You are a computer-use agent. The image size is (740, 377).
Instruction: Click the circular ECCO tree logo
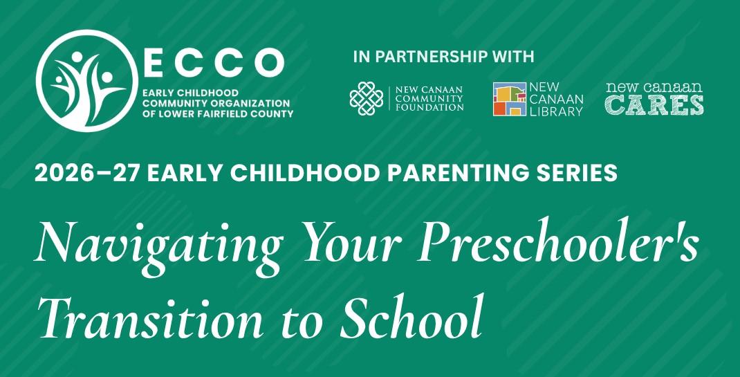click(87, 81)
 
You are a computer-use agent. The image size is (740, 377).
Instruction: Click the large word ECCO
click(214, 62)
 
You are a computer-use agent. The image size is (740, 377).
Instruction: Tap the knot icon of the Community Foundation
click(367, 98)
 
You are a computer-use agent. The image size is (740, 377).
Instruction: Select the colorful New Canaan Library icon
click(509, 99)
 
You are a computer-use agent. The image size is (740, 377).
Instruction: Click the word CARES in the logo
click(654, 105)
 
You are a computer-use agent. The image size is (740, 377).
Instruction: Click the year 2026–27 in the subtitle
click(87, 174)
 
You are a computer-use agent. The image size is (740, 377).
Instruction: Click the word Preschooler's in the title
click(558, 241)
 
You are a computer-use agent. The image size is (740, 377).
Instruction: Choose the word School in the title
click(411, 315)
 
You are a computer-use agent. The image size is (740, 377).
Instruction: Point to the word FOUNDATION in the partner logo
click(429, 107)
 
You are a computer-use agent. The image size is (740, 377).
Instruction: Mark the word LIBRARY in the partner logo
click(557, 111)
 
